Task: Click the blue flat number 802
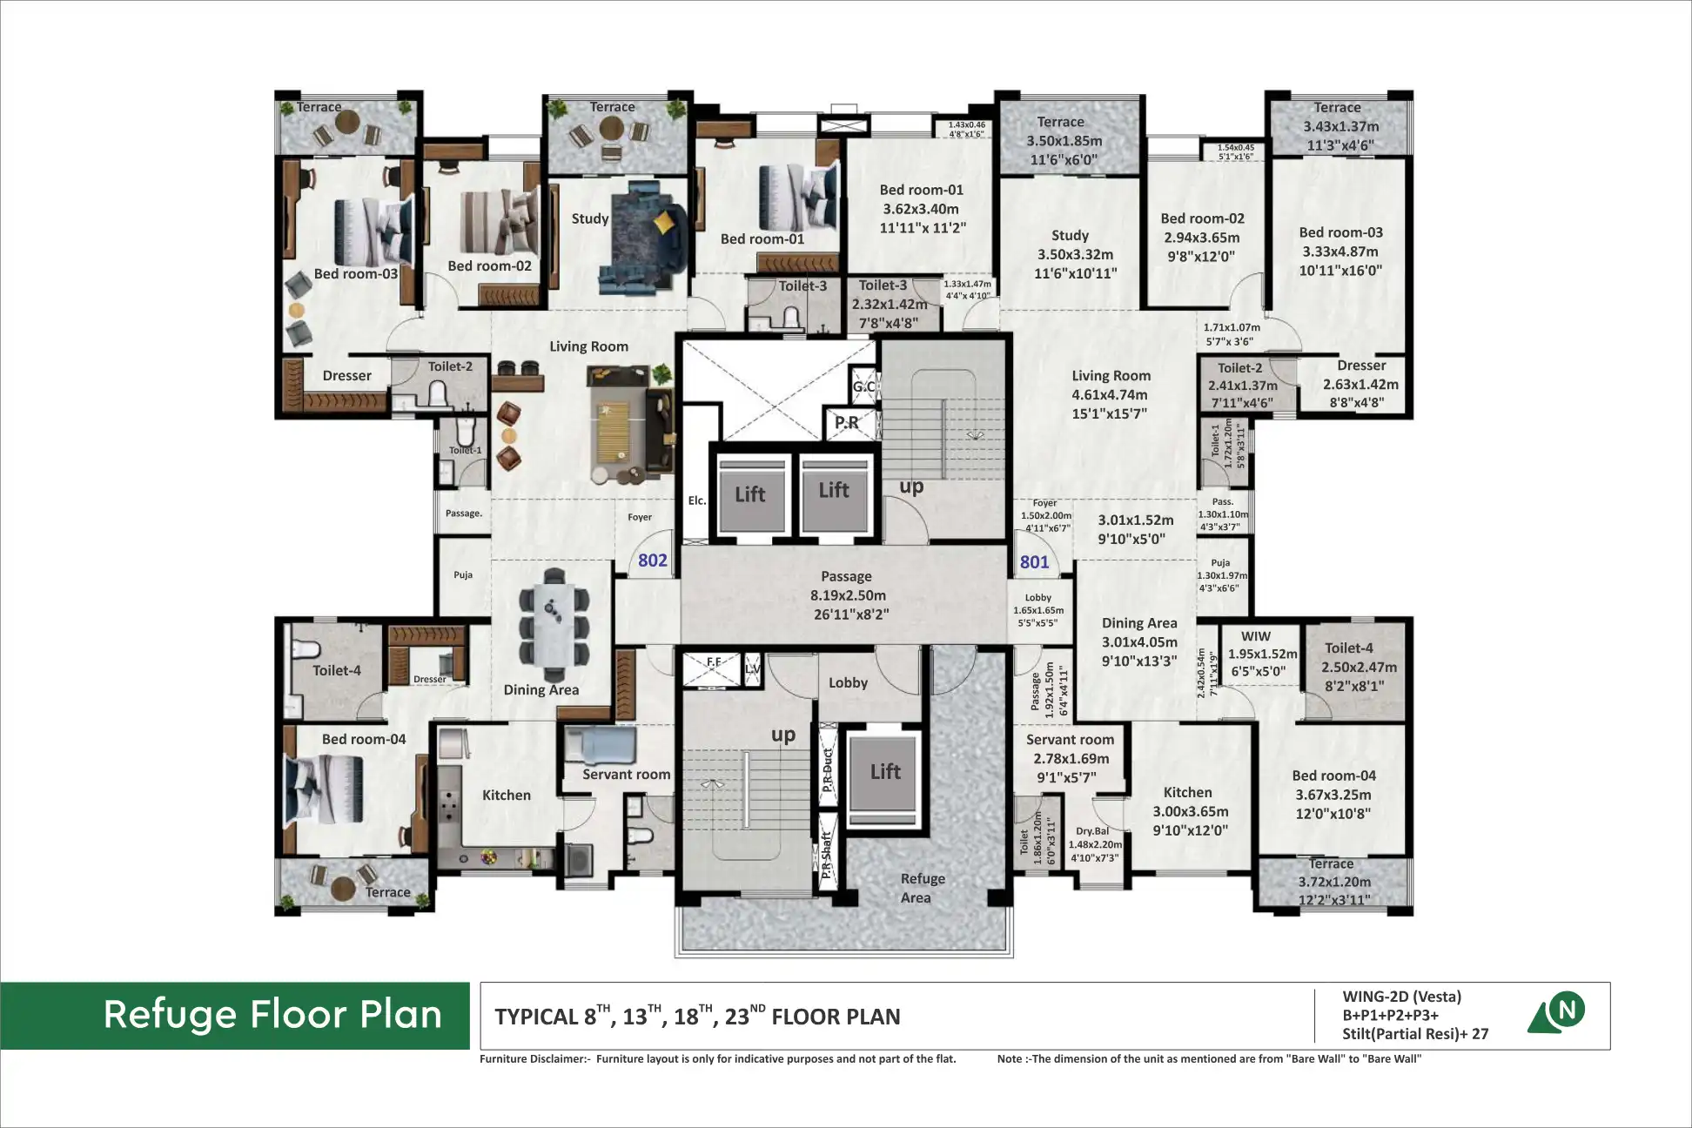(652, 561)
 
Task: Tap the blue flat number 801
(1034, 562)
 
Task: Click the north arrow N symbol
(1566, 1010)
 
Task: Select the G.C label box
(863, 386)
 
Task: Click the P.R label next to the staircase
(846, 423)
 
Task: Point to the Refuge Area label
(921, 888)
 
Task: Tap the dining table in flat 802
(554, 625)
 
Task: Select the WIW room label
(1255, 636)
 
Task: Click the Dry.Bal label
(1092, 831)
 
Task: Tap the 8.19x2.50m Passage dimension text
(847, 595)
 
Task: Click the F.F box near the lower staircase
(713, 663)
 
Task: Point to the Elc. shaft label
(696, 500)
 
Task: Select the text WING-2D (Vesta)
(1401, 997)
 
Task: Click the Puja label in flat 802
(462, 575)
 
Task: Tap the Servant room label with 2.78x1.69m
(1070, 740)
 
